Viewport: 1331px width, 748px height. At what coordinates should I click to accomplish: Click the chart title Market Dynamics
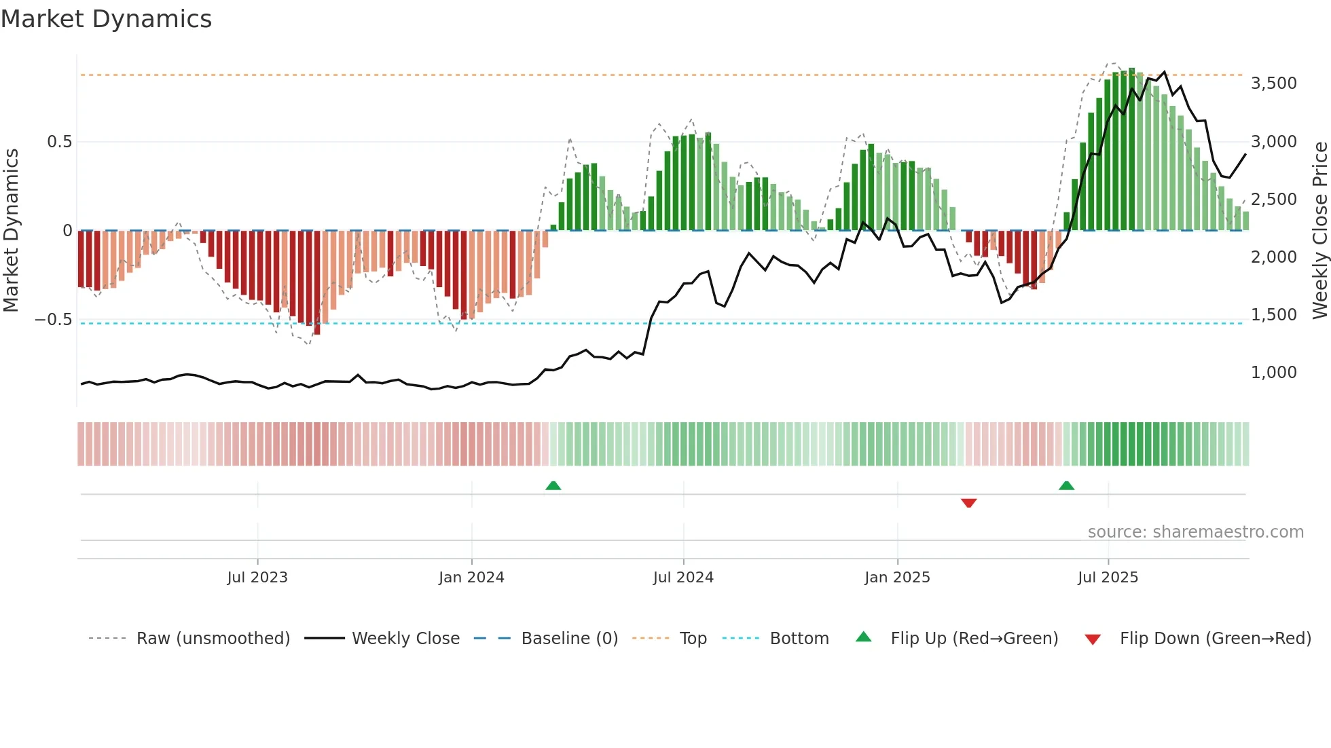pyautogui.click(x=106, y=19)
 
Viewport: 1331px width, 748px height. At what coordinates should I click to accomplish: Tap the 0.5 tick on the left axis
pyautogui.click(x=59, y=142)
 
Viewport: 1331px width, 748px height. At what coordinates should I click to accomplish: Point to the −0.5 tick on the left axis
pyautogui.click(x=53, y=320)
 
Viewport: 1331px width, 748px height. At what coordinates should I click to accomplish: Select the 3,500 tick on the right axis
pyautogui.click(x=1273, y=83)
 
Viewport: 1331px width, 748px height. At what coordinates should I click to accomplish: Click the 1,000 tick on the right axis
pyautogui.click(x=1273, y=373)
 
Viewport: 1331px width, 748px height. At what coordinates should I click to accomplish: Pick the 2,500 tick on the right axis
pyautogui.click(x=1273, y=200)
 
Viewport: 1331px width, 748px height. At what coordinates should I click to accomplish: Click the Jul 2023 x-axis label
pyautogui.click(x=257, y=578)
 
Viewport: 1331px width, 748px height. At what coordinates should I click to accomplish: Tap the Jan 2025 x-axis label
pyautogui.click(x=897, y=578)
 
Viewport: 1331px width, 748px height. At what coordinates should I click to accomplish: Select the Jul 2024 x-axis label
pyautogui.click(x=683, y=578)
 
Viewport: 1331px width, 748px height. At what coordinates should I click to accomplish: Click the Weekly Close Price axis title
pyautogui.click(x=1319, y=231)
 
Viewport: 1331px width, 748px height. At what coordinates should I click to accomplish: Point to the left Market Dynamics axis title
pyautogui.click(x=11, y=231)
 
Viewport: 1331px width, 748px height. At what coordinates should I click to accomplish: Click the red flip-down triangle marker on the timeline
pyautogui.click(x=969, y=503)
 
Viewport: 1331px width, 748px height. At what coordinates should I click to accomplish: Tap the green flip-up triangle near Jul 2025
pyautogui.click(x=1066, y=485)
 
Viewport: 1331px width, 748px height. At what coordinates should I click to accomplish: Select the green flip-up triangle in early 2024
pyautogui.click(x=553, y=485)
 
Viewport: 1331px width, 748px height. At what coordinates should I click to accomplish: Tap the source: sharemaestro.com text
pyautogui.click(x=1195, y=532)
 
